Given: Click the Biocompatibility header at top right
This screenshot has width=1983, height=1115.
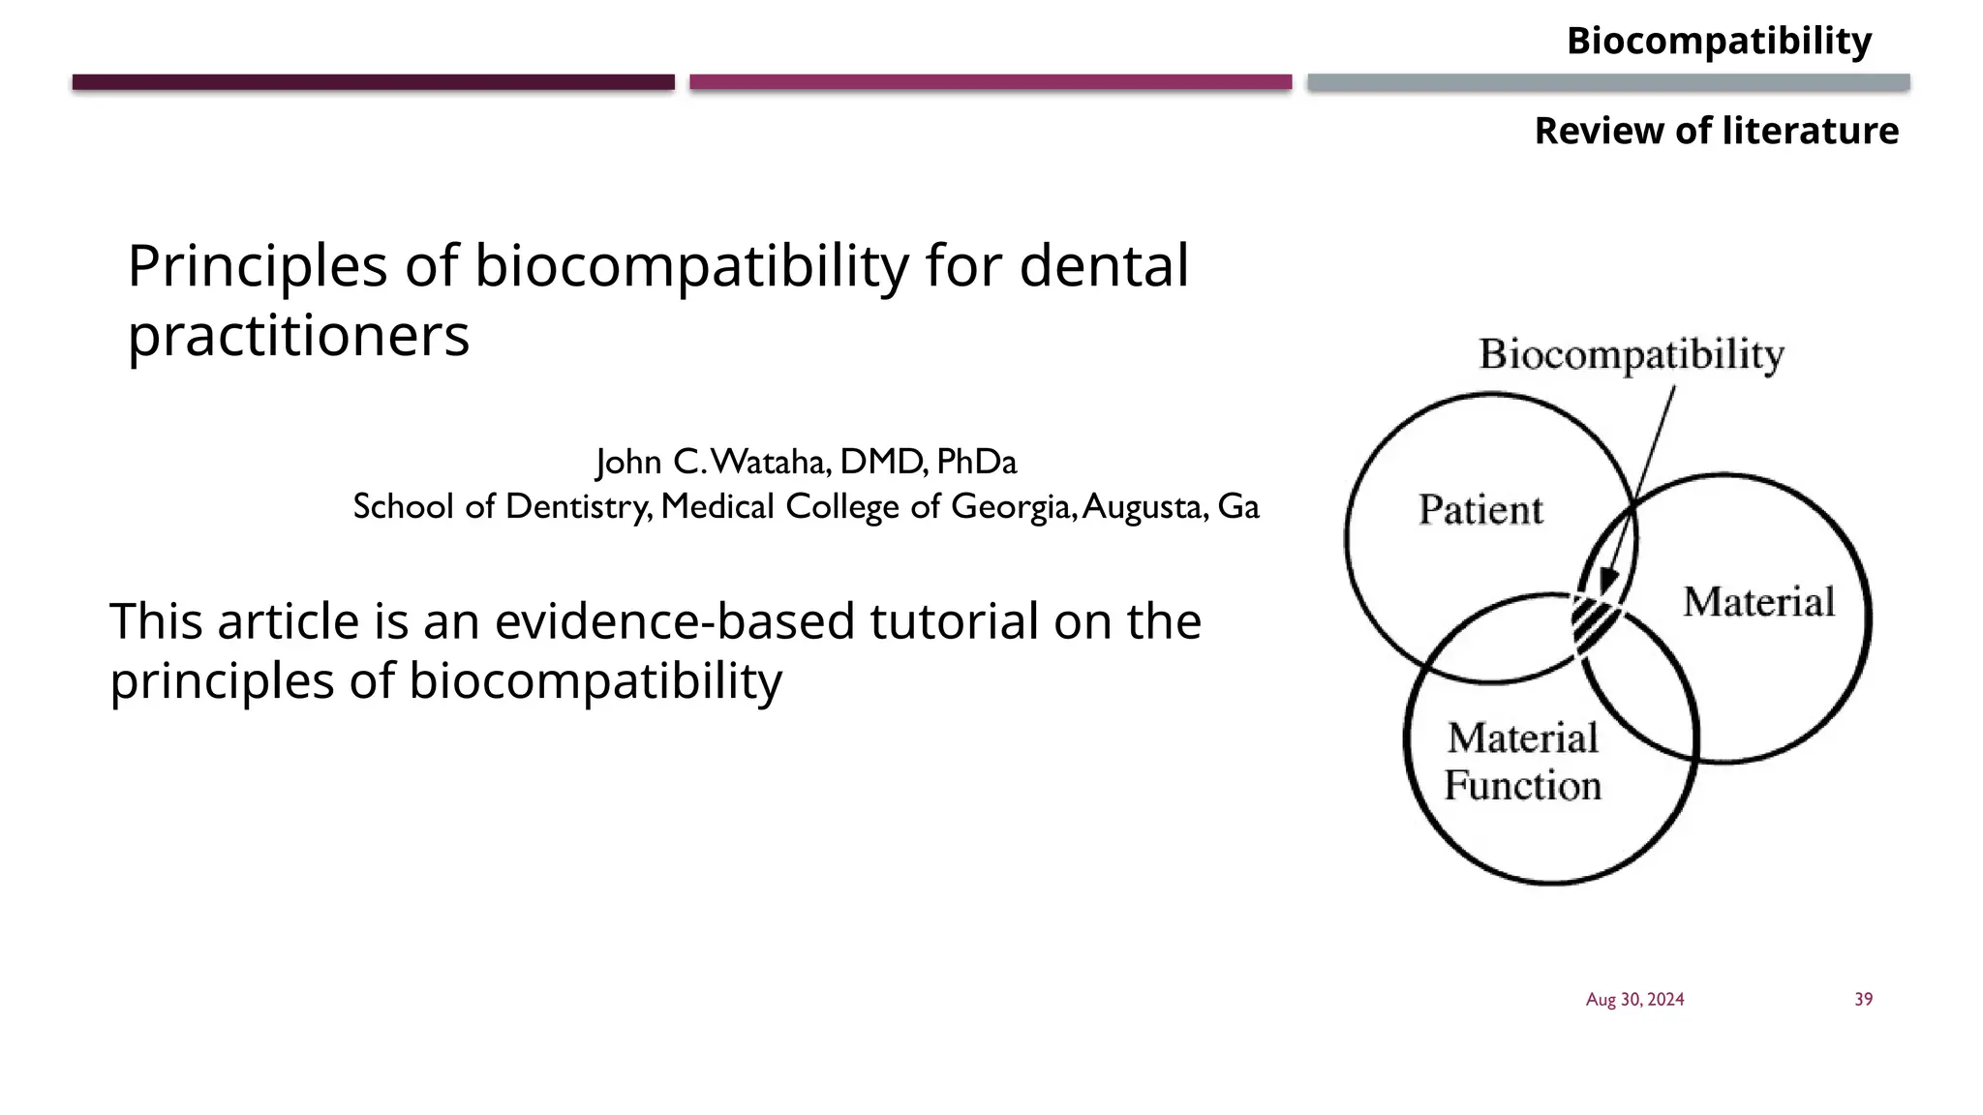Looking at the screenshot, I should click(x=1719, y=42).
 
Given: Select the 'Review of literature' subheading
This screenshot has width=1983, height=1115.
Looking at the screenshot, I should click(x=1716, y=131).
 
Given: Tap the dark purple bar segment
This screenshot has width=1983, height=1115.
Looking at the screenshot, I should click(x=373, y=82).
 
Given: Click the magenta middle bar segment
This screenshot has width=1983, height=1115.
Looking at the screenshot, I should click(x=990, y=82).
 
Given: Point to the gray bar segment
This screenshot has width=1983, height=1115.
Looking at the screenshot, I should click(x=1607, y=82).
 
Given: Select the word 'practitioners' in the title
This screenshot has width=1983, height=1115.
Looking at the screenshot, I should click(x=298, y=336).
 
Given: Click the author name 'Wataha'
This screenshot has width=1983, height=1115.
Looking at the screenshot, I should click(x=771, y=463).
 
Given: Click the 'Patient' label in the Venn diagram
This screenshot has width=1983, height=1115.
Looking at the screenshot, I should click(x=1480, y=510).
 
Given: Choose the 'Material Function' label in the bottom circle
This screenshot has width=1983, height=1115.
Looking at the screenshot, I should click(x=1522, y=762).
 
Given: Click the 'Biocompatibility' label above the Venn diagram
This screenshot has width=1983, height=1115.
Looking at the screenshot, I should click(x=1632, y=354).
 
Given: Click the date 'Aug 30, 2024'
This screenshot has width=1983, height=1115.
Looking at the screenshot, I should click(x=1634, y=1000).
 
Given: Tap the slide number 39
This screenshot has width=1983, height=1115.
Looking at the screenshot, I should click(x=1863, y=1000).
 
